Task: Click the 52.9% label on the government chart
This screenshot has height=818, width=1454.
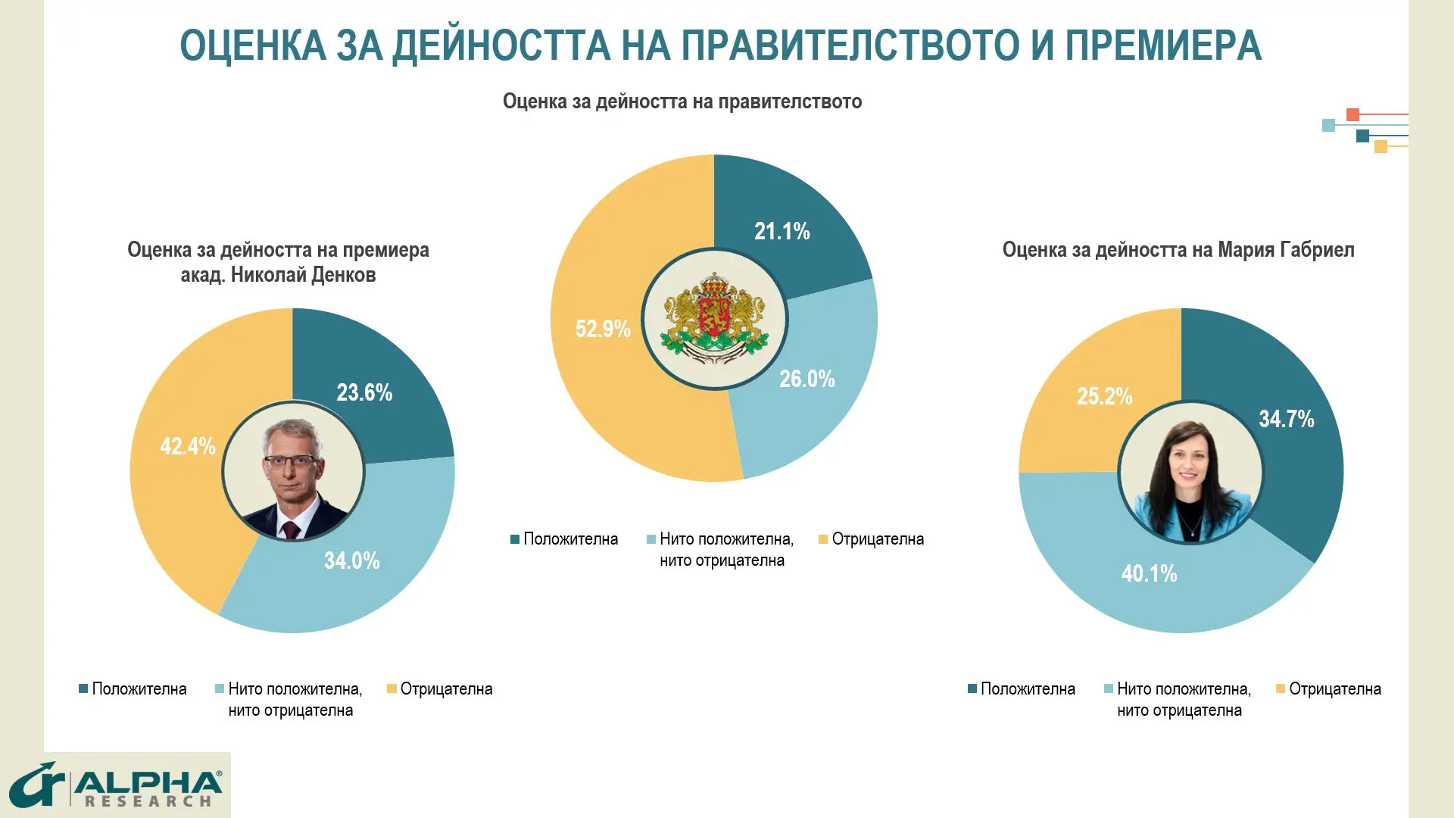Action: [x=603, y=329]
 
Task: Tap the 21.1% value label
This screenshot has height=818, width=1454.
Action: [x=782, y=231]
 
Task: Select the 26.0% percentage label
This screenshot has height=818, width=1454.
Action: [x=807, y=379]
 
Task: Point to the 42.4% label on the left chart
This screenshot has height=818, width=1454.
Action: [x=187, y=446]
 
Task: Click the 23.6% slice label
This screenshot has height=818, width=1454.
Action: [x=364, y=392]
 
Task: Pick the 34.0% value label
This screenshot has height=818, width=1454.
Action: [x=351, y=560]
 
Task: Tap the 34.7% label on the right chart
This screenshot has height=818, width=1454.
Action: [x=1286, y=419]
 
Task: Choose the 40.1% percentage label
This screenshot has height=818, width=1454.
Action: [x=1149, y=573]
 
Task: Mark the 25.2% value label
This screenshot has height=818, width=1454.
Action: [x=1104, y=396]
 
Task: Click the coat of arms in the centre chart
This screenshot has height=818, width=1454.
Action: [x=714, y=319]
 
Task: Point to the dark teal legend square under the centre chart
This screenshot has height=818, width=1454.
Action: [x=515, y=539]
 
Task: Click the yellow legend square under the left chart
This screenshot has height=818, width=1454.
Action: [x=392, y=689]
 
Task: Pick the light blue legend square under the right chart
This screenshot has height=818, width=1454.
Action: [x=1109, y=689]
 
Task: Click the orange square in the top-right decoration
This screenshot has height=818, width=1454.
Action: [x=1353, y=115]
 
